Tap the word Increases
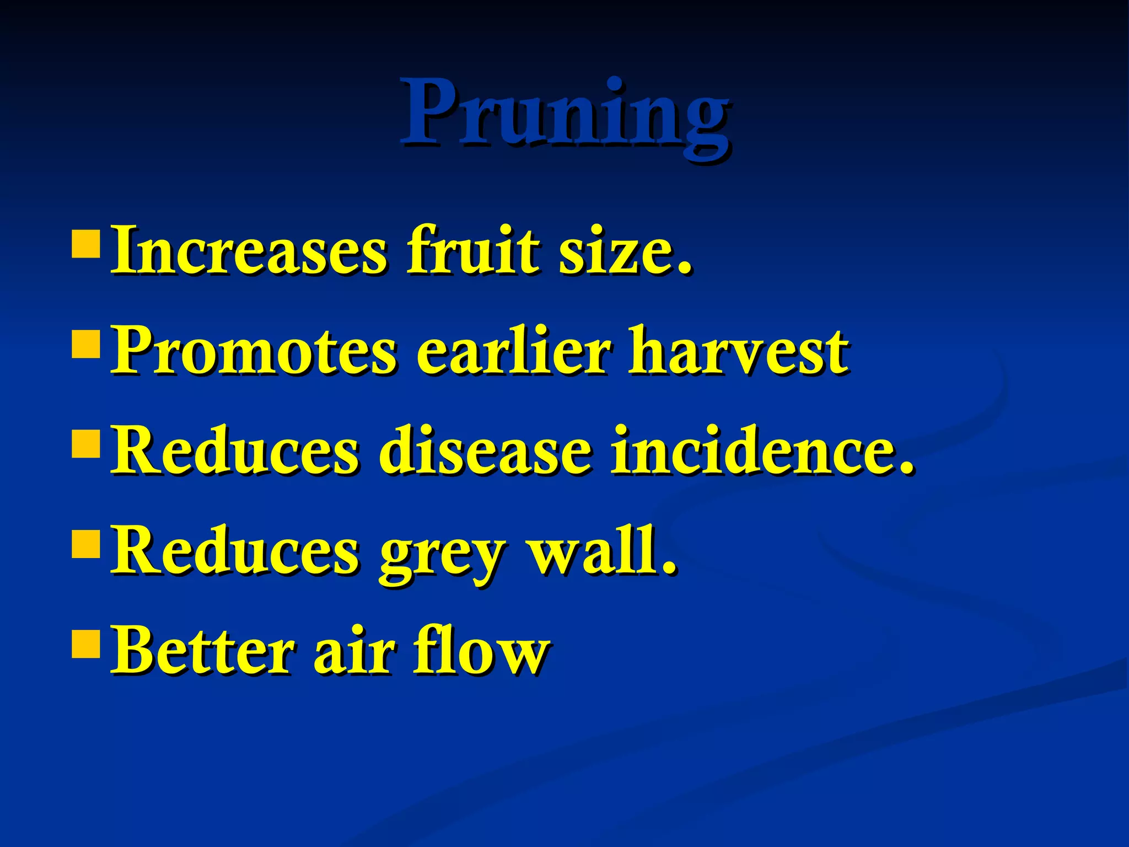248,251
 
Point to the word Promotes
252,351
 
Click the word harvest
739,351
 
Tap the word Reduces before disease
234,451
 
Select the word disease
485,451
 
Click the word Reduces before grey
234,550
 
